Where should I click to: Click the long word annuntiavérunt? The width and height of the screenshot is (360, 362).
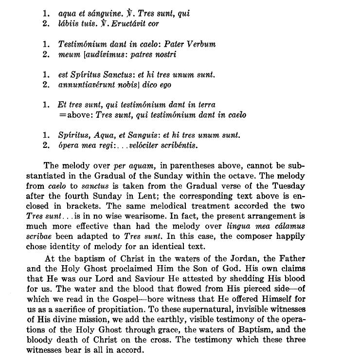coord(86,85)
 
